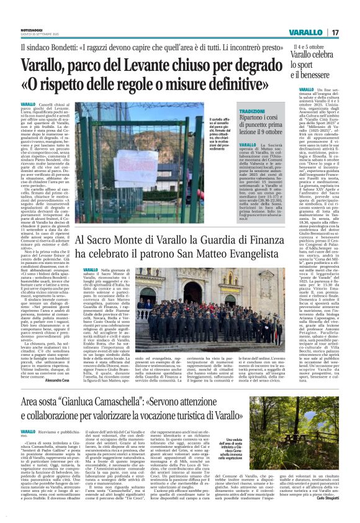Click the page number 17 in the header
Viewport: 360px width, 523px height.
(335, 32)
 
